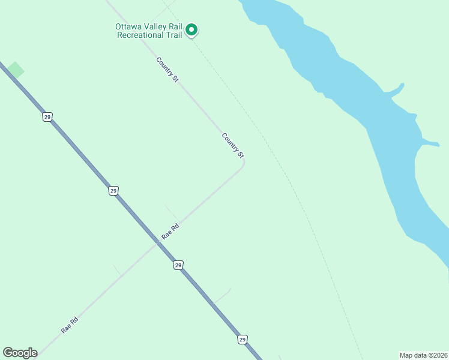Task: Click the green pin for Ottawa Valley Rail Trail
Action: point(191,29)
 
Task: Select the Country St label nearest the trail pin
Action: point(167,70)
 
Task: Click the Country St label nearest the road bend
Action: point(233,146)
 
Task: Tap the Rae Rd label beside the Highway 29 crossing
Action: point(170,232)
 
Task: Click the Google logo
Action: point(20,353)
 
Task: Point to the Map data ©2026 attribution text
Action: point(423,355)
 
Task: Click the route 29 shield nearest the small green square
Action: point(47,116)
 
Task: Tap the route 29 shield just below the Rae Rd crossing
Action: point(178,265)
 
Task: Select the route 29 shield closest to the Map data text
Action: point(242,340)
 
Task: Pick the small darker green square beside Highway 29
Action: point(16,70)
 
